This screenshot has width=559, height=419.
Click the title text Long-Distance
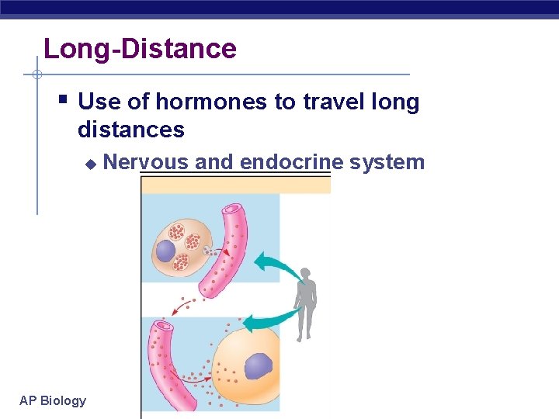click(x=140, y=49)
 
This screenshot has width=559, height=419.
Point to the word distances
click(x=131, y=129)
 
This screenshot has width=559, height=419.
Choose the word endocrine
click(x=292, y=162)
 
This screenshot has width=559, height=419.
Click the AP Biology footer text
click(x=53, y=400)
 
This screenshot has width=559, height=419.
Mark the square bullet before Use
click(x=63, y=99)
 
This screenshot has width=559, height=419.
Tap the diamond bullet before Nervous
click(x=90, y=164)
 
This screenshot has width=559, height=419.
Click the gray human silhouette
click(x=307, y=303)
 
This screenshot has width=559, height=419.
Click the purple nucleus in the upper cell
click(x=165, y=251)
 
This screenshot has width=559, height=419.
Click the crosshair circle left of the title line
click(x=36, y=75)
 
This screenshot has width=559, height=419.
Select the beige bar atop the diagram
click(x=235, y=184)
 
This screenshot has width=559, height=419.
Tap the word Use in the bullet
click(x=96, y=102)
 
